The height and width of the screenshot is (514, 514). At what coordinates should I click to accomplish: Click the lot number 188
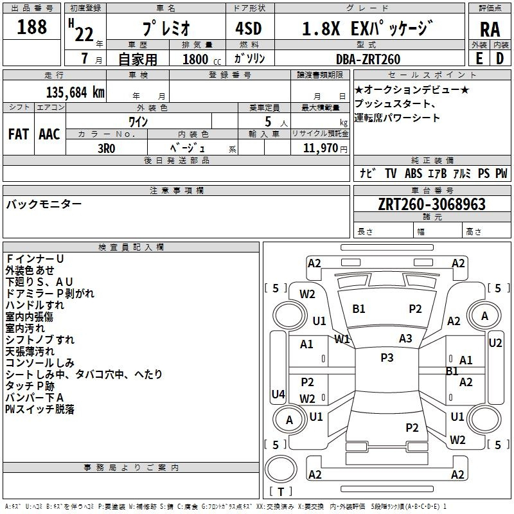(31, 27)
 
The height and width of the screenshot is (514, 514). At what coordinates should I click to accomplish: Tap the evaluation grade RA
(490, 30)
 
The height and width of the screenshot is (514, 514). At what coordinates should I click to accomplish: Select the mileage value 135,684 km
(75, 93)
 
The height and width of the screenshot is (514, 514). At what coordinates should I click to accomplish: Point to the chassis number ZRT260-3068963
(432, 204)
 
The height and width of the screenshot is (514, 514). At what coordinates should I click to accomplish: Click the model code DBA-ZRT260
(368, 59)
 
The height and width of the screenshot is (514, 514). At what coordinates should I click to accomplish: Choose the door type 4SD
(249, 28)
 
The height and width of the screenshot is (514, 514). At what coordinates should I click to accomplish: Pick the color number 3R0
(106, 148)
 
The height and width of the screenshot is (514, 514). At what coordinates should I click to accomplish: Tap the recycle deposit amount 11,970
(320, 148)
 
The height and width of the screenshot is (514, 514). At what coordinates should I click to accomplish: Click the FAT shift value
(19, 134)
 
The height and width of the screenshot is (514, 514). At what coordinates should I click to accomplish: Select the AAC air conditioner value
(49, 134)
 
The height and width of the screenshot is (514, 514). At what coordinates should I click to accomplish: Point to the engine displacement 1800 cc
(202, 59)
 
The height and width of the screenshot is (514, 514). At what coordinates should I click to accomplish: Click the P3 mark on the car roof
(387, 358)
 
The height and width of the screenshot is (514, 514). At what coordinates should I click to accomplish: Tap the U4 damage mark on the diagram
(278, 394)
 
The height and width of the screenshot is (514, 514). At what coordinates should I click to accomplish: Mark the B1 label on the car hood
(359, 309)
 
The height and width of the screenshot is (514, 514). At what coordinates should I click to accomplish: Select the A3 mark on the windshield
(405, 339)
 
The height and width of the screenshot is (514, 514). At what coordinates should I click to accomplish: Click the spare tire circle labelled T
(281, 470)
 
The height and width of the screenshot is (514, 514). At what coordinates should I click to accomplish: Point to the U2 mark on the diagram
(495, 343)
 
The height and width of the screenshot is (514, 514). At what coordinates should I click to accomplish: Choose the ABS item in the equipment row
(413, 173)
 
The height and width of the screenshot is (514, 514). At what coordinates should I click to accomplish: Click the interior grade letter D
(500, 58)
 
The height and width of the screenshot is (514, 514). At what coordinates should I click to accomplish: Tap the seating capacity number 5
(268, 122)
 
